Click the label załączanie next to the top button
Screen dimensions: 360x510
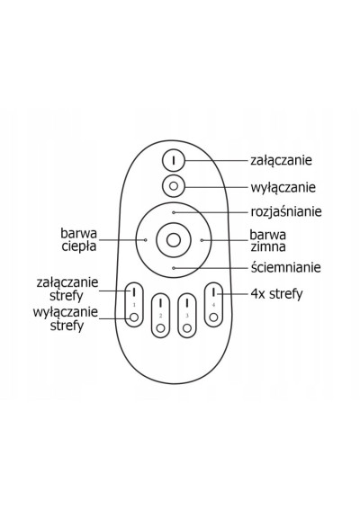(x=281, y=160)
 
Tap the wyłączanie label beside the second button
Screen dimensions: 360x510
(x=283, y=188)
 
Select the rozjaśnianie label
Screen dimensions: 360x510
(x=286, y=212)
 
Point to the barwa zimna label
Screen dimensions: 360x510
(x=268, y=241)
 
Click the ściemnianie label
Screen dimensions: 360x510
(x=286, y=267)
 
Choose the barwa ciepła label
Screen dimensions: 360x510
(x=79, y=240)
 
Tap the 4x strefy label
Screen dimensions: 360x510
(x=276, y=294)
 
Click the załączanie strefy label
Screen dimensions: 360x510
(x=67, y=289)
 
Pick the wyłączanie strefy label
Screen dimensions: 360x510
(x=66, y=318)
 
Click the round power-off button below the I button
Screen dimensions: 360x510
(x=174, y=186)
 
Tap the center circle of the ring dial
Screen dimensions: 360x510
(x=174, y=240)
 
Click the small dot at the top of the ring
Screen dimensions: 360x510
(x=174, y=212)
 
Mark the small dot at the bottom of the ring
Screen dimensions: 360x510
(x=174, y=268)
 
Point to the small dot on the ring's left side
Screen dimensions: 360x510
(x=146, y=240)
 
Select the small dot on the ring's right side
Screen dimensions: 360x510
(x=202, y=240)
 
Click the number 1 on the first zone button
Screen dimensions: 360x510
(x=134, y=305)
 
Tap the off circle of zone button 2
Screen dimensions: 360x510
(x=160, y=328)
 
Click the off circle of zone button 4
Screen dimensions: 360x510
(x=213, y=317)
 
